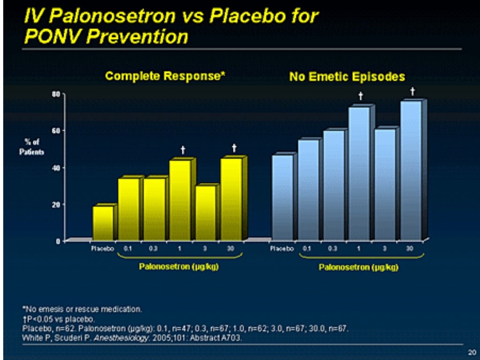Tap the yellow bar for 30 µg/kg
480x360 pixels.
click(x=231, y=199)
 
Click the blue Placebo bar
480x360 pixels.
click(x=282, y=197)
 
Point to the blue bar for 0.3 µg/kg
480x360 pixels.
click(x=334, y=185)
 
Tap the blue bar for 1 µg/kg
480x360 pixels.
click(x=359, y=173)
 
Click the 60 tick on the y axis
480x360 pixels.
click(x=55, y=130)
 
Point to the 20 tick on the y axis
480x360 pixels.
click(x=55, y=204)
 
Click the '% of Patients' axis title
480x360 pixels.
click(x=32, y=147)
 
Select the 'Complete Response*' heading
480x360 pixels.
click(x=165, y=76)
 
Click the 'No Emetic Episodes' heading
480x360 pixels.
click(x=347, y=76)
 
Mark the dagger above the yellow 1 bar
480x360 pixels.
click(x=183, y=150)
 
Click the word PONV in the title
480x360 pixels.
click(x=49, y=37)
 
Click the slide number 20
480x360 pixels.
click(x=472, y=352)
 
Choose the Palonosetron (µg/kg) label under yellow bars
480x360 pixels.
click(x=180, y=267)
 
